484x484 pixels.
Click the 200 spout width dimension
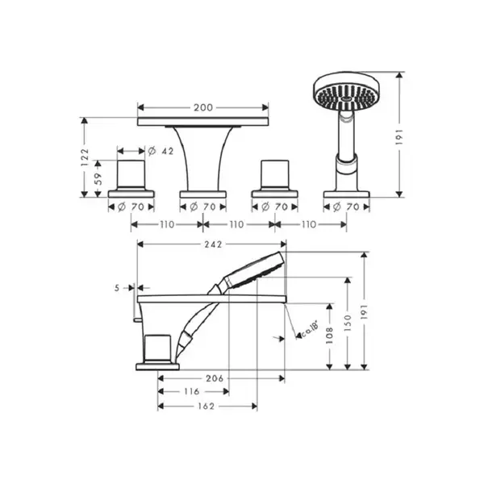203,107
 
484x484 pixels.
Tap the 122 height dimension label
85,157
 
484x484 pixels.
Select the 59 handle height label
98,179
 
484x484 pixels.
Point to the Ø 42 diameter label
161,152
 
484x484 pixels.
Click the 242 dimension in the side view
213,244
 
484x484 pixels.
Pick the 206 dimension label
215,378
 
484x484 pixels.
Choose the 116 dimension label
192,392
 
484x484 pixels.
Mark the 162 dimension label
206,407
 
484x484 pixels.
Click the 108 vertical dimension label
330,336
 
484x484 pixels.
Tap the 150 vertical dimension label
348,323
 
